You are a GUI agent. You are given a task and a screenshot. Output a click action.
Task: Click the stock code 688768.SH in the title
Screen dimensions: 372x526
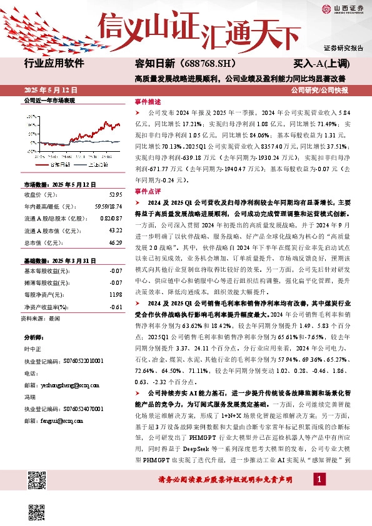coord(199,64)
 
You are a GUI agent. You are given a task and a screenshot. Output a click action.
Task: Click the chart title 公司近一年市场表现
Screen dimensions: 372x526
coord(49,100)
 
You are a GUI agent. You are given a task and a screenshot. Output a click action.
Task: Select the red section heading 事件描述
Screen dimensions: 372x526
coord(148,101)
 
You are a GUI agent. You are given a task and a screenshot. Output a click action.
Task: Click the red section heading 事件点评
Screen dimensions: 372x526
coord(148,192)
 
